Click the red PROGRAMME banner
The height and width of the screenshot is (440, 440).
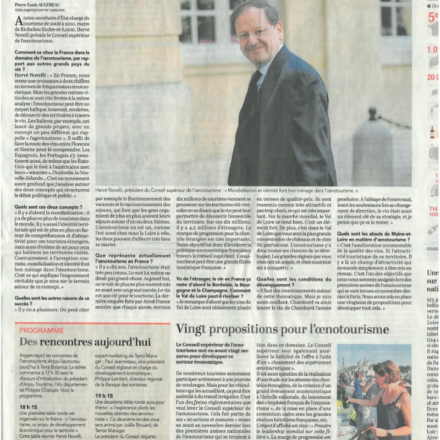[42, 330]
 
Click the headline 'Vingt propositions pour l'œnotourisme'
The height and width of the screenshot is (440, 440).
[282, 329]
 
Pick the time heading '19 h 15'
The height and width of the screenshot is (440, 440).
[104, 395]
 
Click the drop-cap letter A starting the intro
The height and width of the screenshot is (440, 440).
[20, 20]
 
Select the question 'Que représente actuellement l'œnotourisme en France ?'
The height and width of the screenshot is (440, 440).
[133, 258]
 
